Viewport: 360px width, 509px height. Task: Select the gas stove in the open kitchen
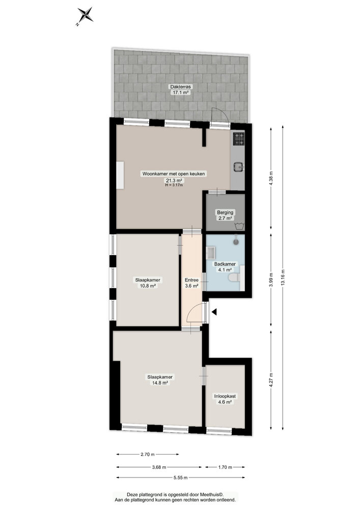pyautogui.click(x=238, y=138)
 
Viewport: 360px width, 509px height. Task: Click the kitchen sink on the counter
pyautogui.click(x=238, y=164)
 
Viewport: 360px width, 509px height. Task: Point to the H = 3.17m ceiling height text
pyautogui.click(x=174, y=185)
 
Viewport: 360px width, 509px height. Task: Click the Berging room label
pyautogui.click(x=225, y=212)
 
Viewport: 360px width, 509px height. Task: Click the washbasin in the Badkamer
pyautogui.click(x=211, y=251)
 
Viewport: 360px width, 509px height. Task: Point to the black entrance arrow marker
pyautogui.click(x=215, y=312)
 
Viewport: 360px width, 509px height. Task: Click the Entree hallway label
pyautogui.click(x=191, y=279)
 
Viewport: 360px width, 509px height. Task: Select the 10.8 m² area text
pyautogui.click(x=148, y=286)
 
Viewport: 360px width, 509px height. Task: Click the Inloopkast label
pyautogui.click(x=225, y=395)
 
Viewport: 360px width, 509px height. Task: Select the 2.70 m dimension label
pyautogui.click(x=148, y=455)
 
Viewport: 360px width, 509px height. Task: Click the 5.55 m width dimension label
pyautogui.click(x=180, y=477)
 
